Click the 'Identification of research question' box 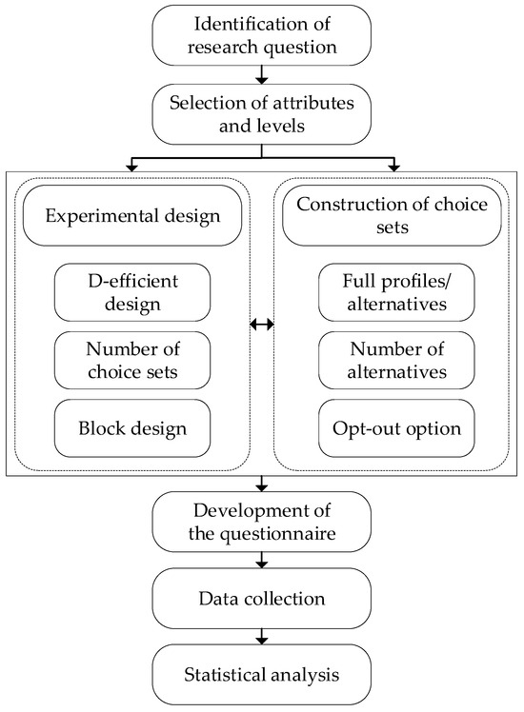[261, 32]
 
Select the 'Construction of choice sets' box [392, 214]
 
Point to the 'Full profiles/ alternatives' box [392, 292]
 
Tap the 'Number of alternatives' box [392, 360]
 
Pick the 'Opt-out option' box [392, 426]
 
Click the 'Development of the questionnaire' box [261, 520]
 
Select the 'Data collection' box [261, 600]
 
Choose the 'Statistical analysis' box [261, 679]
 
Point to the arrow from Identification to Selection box [261, 73]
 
